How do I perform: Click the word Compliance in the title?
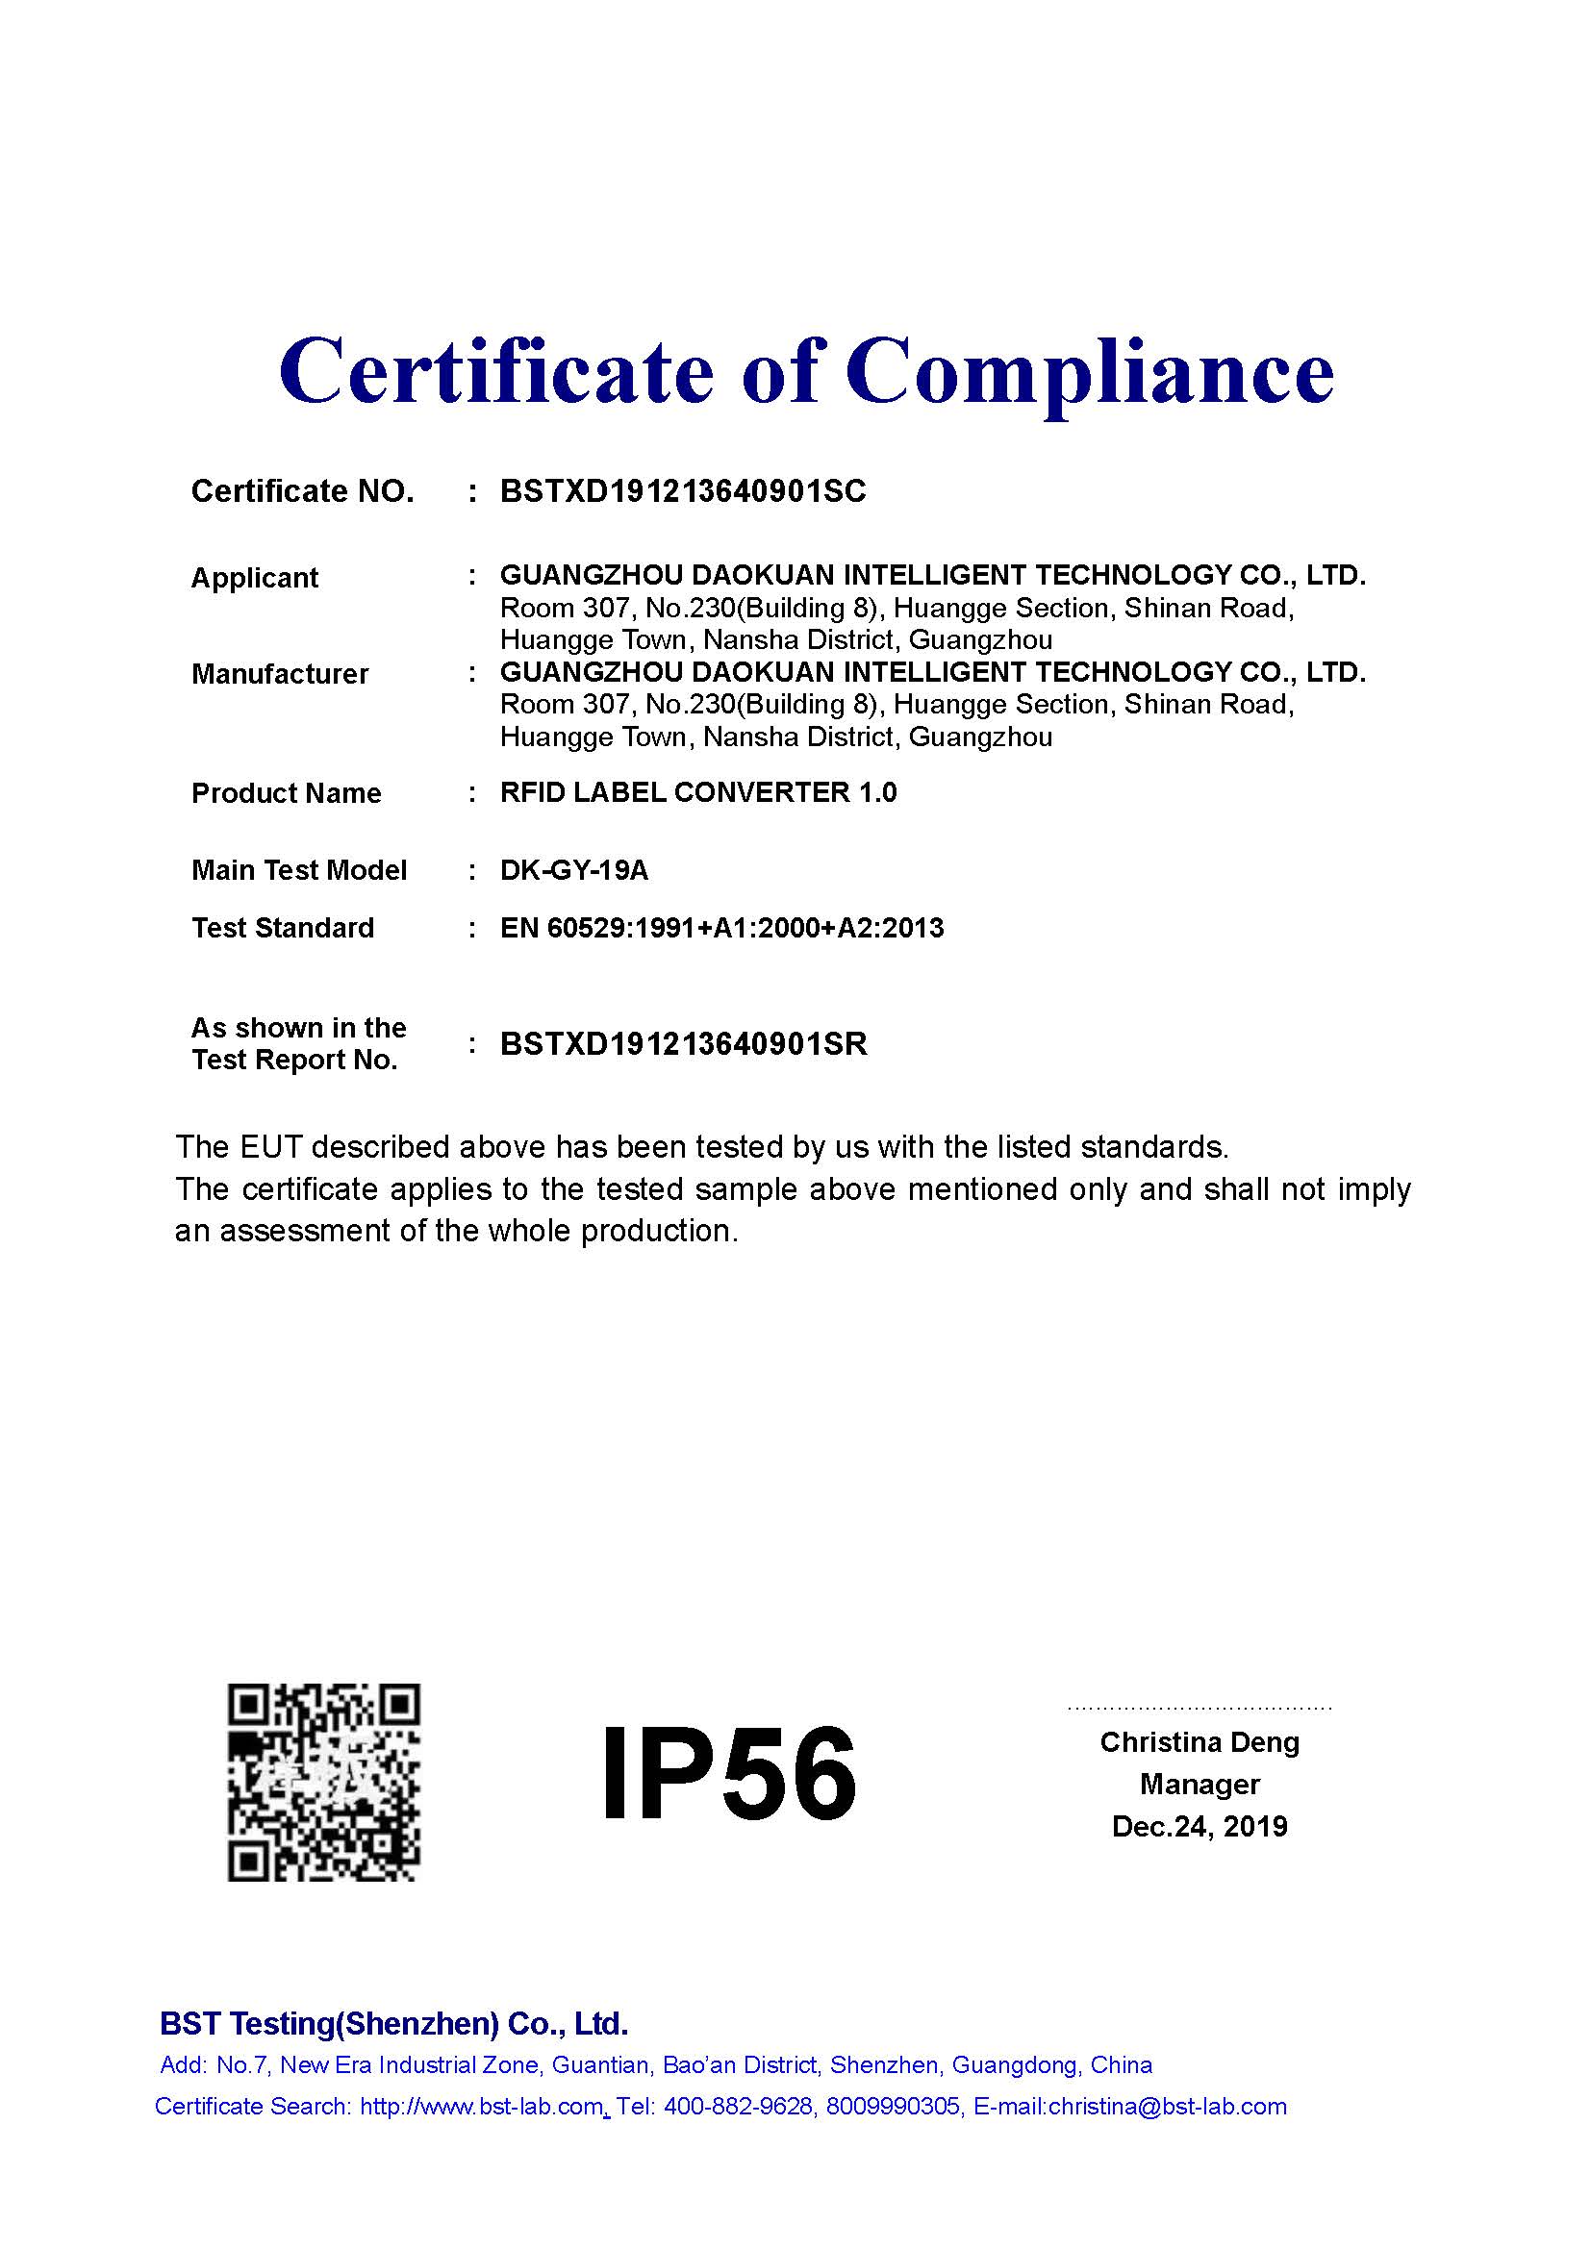[x=1089, y=372]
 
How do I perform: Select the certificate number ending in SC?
[x=683, y=491]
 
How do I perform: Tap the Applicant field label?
[x=255, y=578]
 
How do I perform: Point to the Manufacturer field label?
[x=280, y=674]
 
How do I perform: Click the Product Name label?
[x=286, y=793]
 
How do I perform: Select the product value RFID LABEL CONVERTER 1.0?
[x=697, y=792]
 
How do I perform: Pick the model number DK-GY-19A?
[x=574, y=870]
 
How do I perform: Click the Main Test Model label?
[x=299, y=870]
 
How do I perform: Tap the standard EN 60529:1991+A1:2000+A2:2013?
[x=721, y=928]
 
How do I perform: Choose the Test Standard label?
[x=283, y=928]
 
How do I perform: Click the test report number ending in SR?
[x=683, y=1044]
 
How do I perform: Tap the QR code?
[x=324, y=1783]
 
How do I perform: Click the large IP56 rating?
[x=728, y=1775]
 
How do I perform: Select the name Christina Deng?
[x=1200, y=1742]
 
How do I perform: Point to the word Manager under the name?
[x=1200, y=1785]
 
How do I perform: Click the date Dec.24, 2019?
[x=1200, y=1827]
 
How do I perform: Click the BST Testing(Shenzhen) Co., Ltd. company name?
[x=393, y=2023]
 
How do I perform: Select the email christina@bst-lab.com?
[x=1167, y=2106]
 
